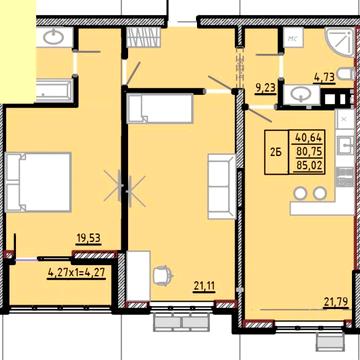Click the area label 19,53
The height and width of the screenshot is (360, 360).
(x=89, y=237)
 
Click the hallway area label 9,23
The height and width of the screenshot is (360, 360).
(x=265, y=88)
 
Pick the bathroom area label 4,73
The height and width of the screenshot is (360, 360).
(x=325, y=74)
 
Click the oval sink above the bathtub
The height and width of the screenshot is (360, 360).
(x=54, y=39)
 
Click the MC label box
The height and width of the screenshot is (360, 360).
(x=294, y=41)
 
